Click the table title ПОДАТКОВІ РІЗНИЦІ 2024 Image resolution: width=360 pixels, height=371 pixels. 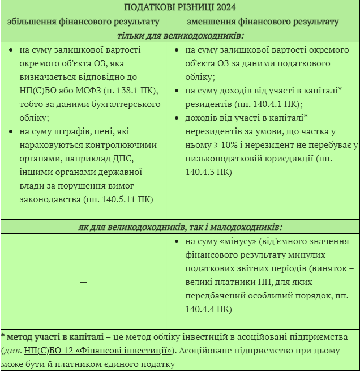(180, 7)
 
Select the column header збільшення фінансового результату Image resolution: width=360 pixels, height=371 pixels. (83, 22)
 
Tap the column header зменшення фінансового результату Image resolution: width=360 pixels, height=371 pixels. (263, 22)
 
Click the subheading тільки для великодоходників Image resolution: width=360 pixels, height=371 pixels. (180, 36)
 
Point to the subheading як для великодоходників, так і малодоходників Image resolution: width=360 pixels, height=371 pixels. (180, 227)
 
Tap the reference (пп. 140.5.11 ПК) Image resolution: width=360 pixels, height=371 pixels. (117, 200)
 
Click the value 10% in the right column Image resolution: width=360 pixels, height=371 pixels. (249, 145)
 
